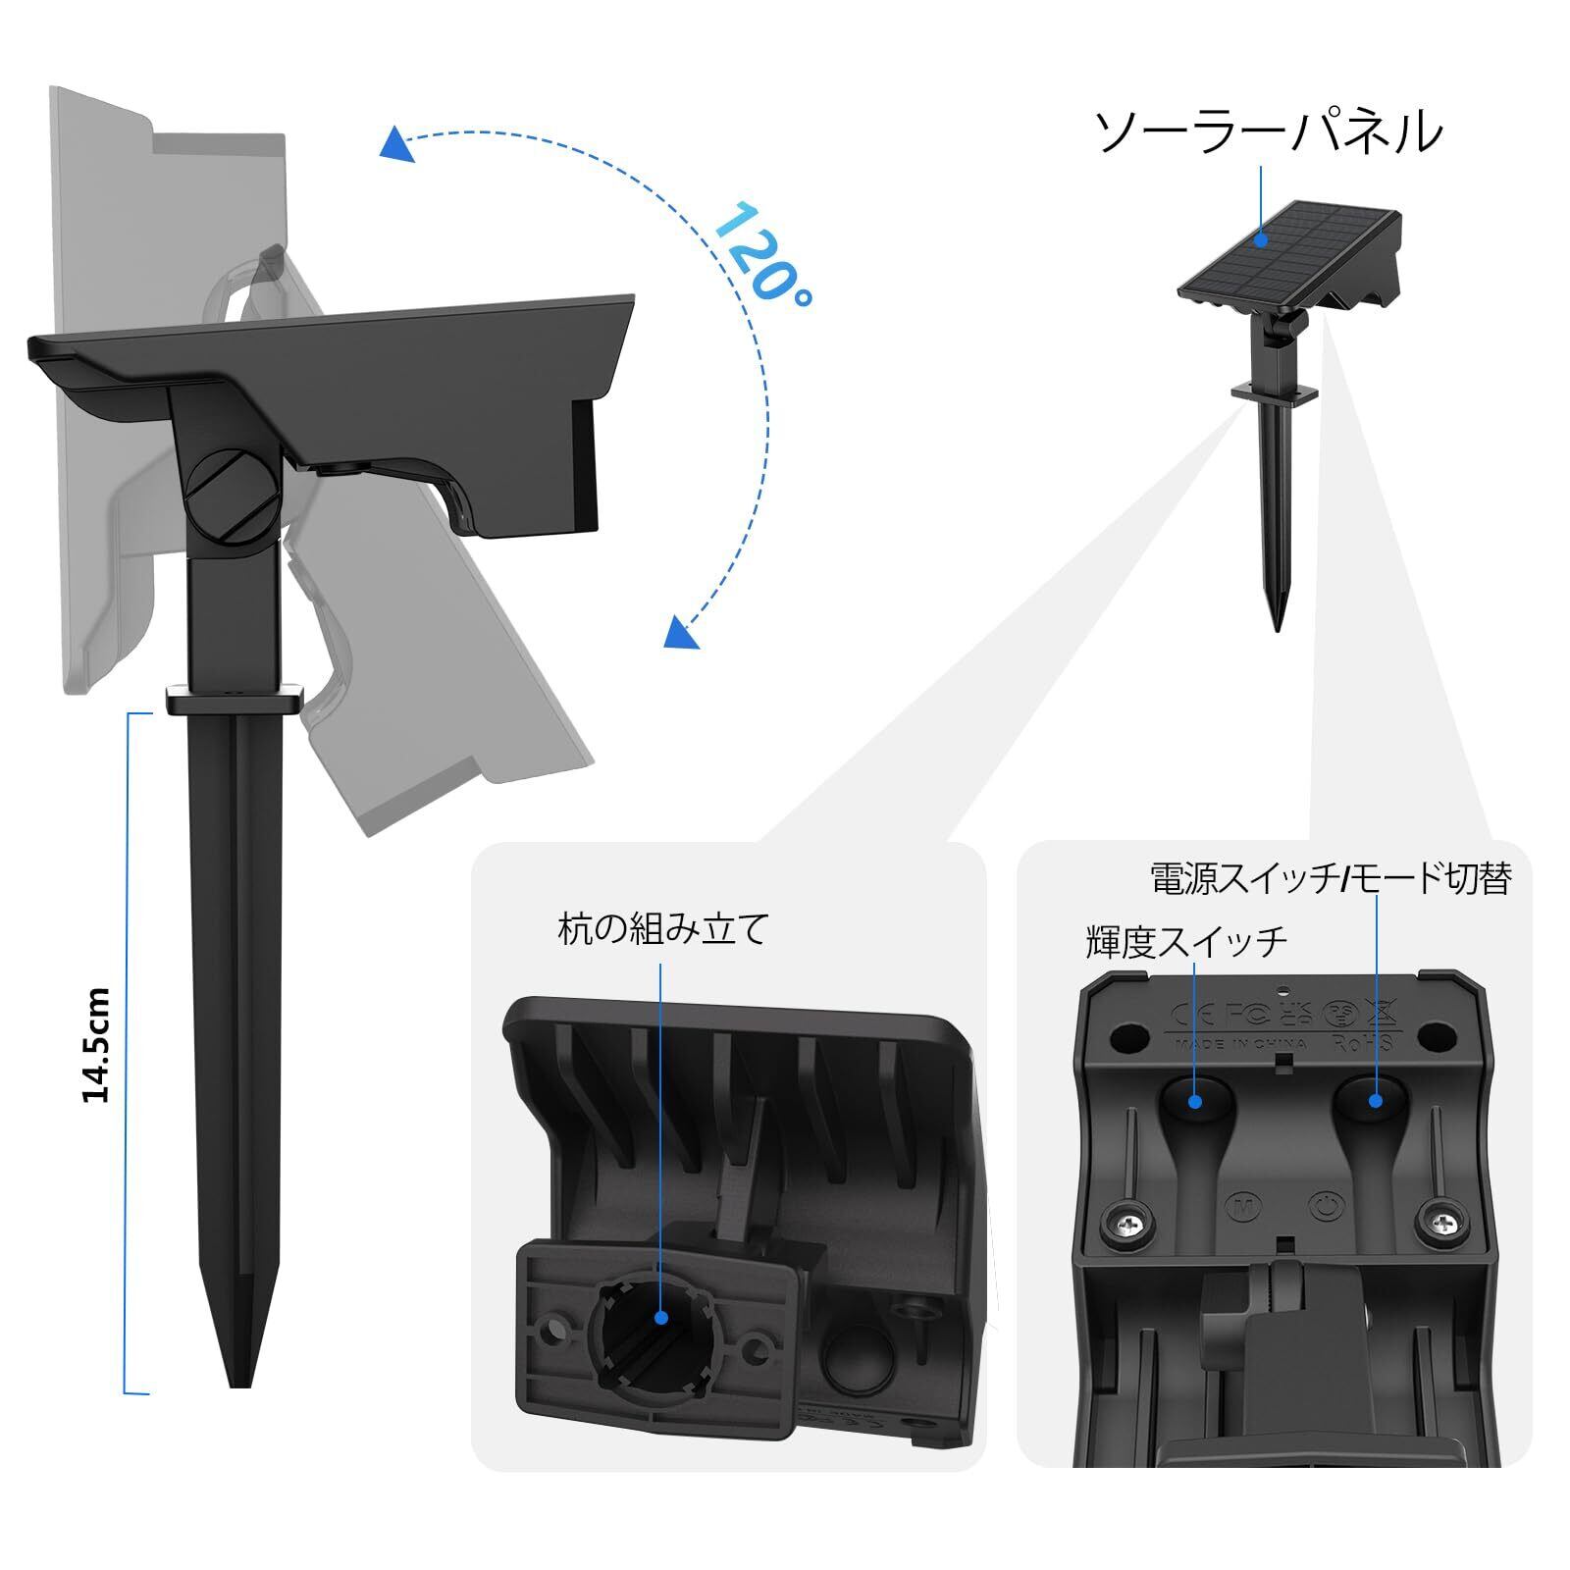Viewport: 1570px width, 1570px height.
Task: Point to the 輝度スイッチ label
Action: point(1185,942)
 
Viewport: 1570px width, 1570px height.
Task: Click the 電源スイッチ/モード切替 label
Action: point(1330,878)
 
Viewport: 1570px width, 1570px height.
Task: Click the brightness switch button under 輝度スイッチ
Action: point(1194,1100)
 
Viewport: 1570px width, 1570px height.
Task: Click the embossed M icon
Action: point(1239,1204)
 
